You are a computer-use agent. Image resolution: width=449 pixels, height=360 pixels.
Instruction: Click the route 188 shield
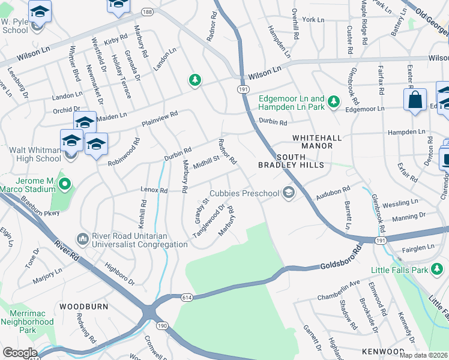click(x=147, y=11)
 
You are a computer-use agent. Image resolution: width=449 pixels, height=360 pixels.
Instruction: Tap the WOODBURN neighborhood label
click(x=83, y=306)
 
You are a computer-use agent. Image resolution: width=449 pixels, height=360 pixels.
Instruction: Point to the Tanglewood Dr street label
click(x=208, y=221)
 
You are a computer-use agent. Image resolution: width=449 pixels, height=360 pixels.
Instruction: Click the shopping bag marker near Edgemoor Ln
click(x=415, y=100)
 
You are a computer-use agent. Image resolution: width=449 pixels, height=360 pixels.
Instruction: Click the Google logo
click(x=19, y=353)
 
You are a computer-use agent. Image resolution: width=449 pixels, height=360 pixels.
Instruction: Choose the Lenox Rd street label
click(x=154, y=190)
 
